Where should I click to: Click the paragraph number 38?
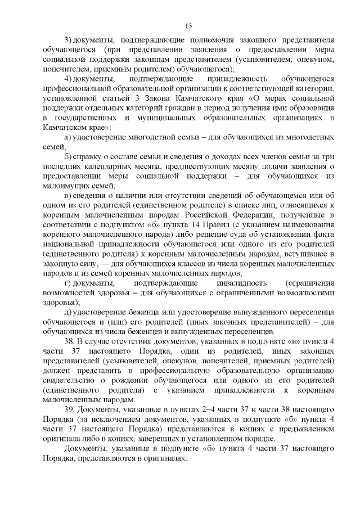(x=70, y=341)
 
